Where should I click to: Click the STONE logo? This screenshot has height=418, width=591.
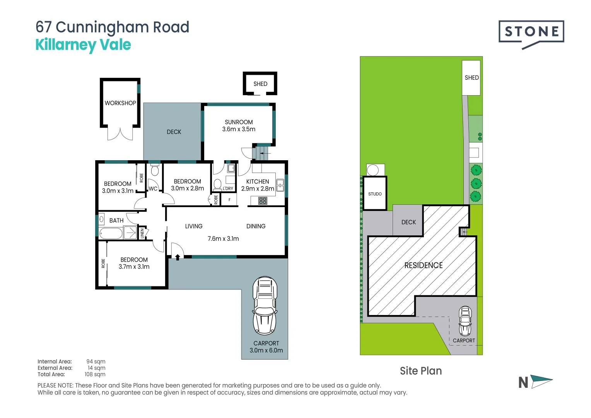tap(531, 32)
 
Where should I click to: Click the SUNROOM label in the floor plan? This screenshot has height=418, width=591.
tap(239, 122)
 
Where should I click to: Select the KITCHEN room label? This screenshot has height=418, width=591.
tap(258, 182)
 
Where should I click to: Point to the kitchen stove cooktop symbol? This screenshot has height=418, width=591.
tap(263, 200)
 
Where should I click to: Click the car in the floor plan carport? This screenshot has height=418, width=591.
tap(265, 305)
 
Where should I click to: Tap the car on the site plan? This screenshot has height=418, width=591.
tap(465, 321)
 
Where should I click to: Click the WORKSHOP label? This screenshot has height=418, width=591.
tap(120, 103)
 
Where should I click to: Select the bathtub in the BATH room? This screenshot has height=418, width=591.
tap(111, 233)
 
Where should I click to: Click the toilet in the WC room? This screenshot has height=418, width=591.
tap(155, 170)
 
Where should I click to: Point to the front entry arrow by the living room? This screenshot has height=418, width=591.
tap(178, 257)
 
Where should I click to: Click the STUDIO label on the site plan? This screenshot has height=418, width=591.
tap(375, 194)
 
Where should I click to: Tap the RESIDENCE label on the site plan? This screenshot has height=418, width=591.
tap(424, 265)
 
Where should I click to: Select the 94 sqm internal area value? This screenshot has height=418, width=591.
tap(96, 361)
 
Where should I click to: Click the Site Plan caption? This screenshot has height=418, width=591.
tap(421, 371)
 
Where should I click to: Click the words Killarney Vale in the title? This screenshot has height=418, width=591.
tap(83, 45)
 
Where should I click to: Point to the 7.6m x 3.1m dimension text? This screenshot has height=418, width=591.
tap(223, 239)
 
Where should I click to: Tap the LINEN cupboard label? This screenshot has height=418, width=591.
tap(142, 233)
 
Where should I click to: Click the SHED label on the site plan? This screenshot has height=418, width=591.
tap(471, 78)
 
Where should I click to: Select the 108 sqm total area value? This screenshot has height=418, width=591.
tap(95, 374)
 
